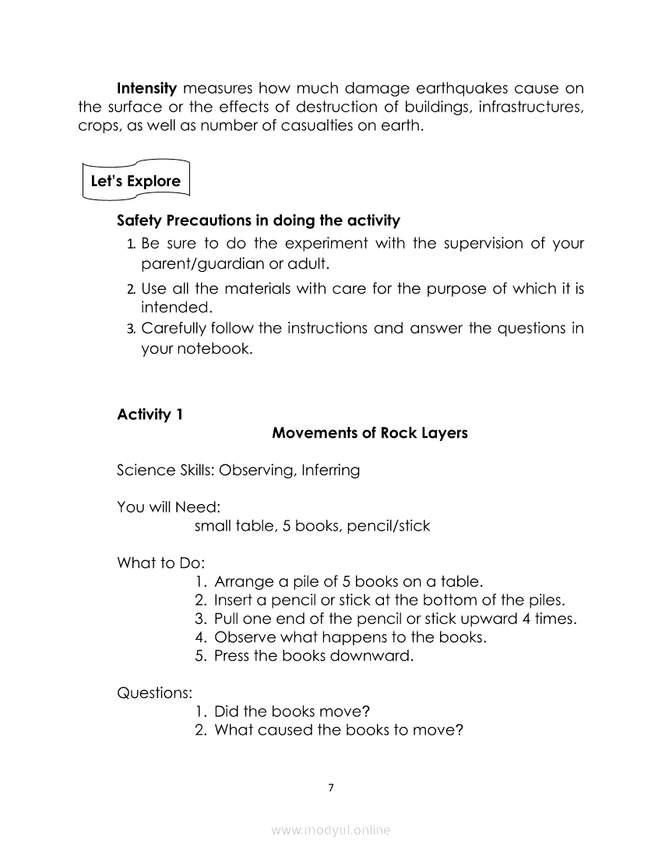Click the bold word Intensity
tap(146, 88)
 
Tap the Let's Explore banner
tap(136, 182)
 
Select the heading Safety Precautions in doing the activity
tap(258, 220)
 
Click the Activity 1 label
tap(150, 414)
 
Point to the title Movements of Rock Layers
tap(370, 433)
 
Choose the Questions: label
tap(155, 692)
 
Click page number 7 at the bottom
tap(331, 788)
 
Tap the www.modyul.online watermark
tap(331, 831)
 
